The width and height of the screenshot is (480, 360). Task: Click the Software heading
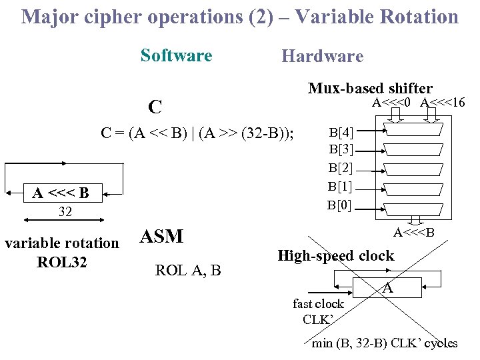(x=176, y=55)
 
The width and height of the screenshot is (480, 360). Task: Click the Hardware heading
(x=322, y=56)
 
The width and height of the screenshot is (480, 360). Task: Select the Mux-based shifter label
(x=370, y=87)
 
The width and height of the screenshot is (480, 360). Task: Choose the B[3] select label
(x=341, y=149)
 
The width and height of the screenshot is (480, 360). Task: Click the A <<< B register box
(x=60, y=193)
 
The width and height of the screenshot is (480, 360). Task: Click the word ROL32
(x=61, y=262)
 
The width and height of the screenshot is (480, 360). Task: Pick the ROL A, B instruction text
(x=187, y=270)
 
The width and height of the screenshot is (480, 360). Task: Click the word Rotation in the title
(x=417, y=16)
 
